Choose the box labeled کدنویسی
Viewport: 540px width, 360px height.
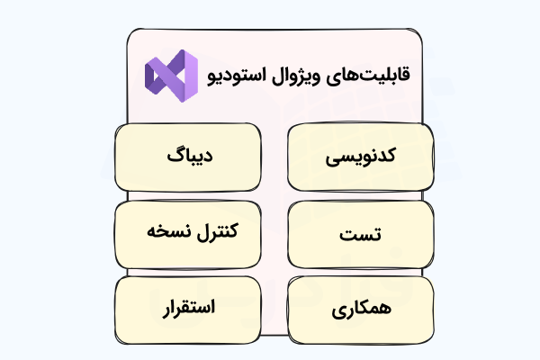tap(359, 157)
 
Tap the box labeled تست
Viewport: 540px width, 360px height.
tap(359, 234)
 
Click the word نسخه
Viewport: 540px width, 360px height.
tap(166, 231)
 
